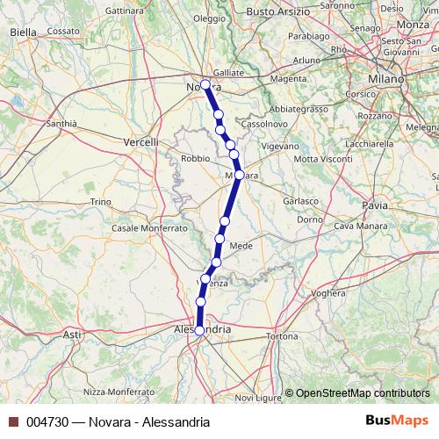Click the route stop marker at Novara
[205, 85]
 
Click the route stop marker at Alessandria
[199, 330]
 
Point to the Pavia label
[373, 205]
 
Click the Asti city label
[72, 335]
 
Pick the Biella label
[23, 32]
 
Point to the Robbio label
[194, 158]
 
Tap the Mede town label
[241, 246]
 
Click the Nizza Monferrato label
[118, 391]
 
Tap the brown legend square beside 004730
[13, 422]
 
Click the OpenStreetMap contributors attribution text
[361, 392]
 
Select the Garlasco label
[301, 200]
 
